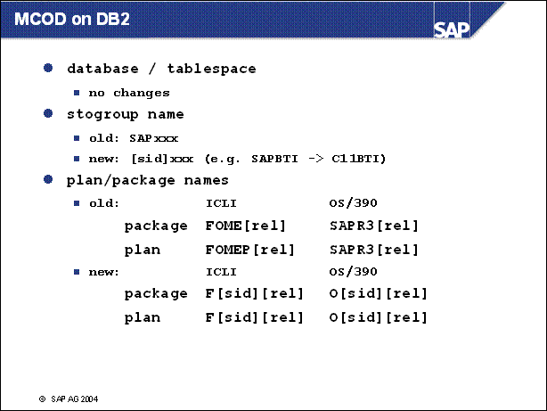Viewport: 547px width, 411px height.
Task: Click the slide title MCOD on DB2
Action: (x=72, y=19)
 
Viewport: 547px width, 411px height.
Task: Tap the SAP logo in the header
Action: (x=452, y=30)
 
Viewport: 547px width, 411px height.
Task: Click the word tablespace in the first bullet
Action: (x=211, y=69)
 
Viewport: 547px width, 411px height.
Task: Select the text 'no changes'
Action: (x=129, y=94)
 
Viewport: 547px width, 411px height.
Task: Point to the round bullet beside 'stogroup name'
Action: (x=48, y=113)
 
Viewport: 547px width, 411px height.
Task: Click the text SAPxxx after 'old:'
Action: (x=154, y=138)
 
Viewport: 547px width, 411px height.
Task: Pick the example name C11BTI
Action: (x=359, y=159)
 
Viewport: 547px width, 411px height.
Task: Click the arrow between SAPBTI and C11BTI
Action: (x=315, y=160)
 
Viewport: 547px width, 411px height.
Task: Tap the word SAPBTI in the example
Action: (x=274, y=159)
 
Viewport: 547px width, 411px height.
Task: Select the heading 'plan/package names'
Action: (x=148, y=180)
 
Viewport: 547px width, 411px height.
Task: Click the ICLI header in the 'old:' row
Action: (x=221, y=203)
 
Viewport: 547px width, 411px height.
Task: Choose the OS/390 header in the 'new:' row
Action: (x=353, y=272)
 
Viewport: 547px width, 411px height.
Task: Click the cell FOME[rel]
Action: (x=246, y=226)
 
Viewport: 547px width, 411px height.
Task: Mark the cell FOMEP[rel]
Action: (x=250, y=250)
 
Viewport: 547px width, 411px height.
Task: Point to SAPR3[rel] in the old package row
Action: (x=374, y=226)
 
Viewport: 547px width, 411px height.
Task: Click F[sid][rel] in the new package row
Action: (x=254, y=293)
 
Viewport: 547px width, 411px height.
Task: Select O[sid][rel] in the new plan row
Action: (x=378, y=317)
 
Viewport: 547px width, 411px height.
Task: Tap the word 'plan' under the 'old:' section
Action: (x=143, y=250)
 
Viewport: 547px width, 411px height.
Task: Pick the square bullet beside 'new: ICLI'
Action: (x=77, y=272)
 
